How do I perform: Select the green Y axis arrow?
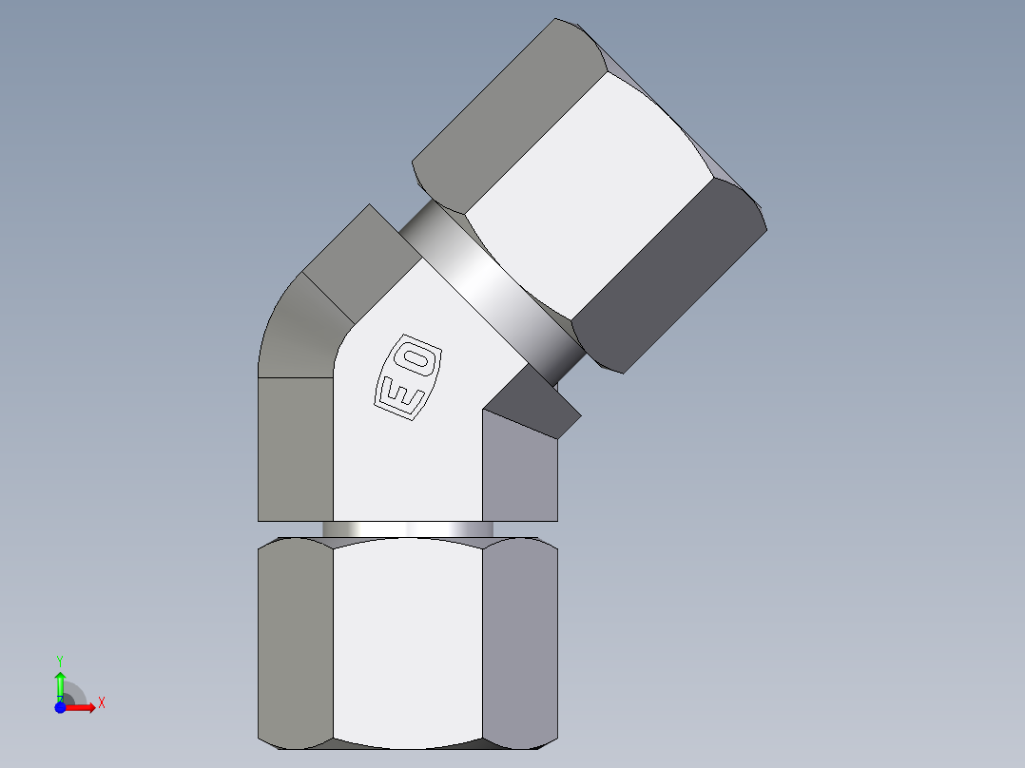click(x=60, y=683)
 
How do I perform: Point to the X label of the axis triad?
click(x=102, y=703)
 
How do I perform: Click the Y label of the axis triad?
click(x=60, y=660)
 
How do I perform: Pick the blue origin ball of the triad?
click(x=61, y=707)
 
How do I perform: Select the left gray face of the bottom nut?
click(x=296, y=642)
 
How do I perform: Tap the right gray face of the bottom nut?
click(x=519, y=642)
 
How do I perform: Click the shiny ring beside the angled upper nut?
click(x=490, y=285)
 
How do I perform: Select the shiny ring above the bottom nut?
click(x=408, y=528)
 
